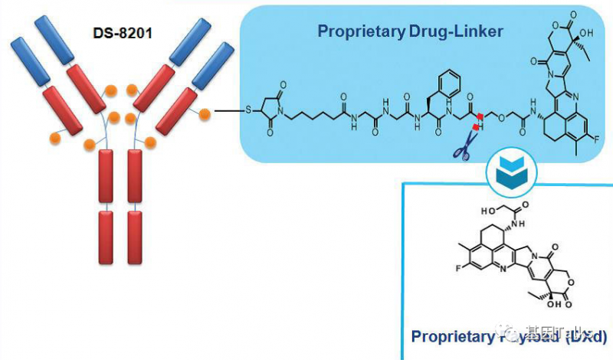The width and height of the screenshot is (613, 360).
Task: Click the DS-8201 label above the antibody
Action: click(x=116, y=34)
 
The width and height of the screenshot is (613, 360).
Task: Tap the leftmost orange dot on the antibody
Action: click(x=54, y=139)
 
